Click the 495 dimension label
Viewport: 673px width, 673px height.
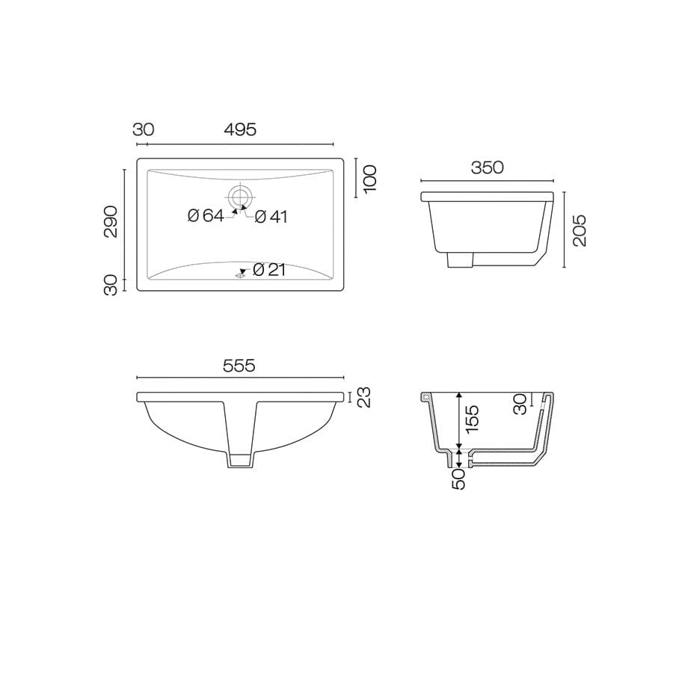(x=240, y=129)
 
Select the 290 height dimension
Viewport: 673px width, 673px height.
(x=111, y=221)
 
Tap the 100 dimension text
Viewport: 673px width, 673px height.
(x=371, y=179)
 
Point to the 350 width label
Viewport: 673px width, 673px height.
(x=487, y=168)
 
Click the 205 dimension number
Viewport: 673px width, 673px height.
(x=580, y=230)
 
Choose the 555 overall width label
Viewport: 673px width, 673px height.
(x=239, y=366)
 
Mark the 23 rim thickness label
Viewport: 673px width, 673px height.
(x=364, y=397)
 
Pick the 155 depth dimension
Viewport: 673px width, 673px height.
(x=472, y=420)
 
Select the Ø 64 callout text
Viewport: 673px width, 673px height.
(x=206, y=216)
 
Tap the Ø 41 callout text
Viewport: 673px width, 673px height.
(x=271, y=217)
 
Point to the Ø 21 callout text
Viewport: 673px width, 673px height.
(x=269, y=270)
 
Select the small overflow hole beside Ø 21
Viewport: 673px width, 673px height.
(x=240, y=274)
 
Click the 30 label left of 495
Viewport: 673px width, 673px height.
(x=143, y=129)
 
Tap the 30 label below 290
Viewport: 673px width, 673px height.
(x=111, y=284)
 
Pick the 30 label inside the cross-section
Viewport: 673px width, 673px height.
(x=520, y=405)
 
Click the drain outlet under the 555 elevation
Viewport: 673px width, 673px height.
(x=240, y=459)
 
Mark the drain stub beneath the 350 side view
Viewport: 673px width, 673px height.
(x=460, y=259)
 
